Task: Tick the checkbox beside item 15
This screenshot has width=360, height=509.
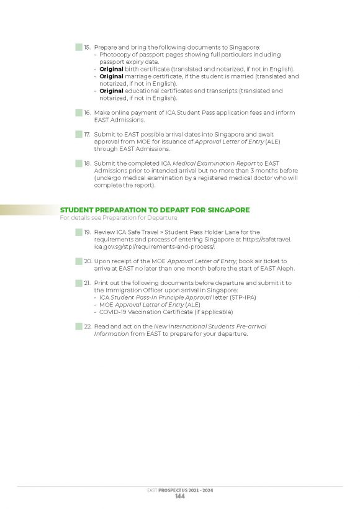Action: [x=79, y=47]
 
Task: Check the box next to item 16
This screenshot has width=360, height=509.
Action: [x=79, y=112]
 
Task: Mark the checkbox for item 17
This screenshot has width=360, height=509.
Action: [x=79, y=133]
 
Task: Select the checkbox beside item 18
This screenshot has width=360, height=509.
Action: [x=79, y=163]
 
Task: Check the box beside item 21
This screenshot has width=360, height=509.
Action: [x=79, y=282]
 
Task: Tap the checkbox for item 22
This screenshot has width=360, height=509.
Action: [x=79, y=326]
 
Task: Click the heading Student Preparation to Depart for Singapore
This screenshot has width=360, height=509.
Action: [x=155, y=210]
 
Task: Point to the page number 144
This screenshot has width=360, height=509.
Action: [x=180, y=497]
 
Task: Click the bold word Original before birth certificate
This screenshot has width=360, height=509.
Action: [x=112, y=69]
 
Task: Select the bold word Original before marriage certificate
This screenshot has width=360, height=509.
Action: [x=112, y=76]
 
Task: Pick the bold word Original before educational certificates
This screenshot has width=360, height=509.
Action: [x=112, y=91]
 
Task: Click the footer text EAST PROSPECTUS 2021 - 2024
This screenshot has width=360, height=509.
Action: [x=180, y=490]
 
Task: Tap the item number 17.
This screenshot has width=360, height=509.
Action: [x=88, y=133]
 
